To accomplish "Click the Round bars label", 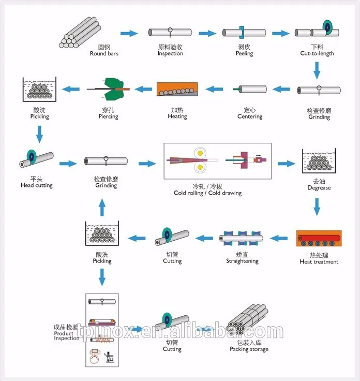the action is point(104,53).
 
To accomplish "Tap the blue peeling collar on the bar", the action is point(242,32).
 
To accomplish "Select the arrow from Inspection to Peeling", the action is point(207,33).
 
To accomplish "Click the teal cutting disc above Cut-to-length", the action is point(327,27).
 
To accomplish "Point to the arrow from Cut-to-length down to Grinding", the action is point(317,70).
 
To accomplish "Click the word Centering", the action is point(250,116).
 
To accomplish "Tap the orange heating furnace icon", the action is point(177,89).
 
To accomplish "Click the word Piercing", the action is point(108,116).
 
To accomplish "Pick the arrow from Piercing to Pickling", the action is point(71,89).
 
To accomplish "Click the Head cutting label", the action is point(37,185).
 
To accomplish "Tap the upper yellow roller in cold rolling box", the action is point(200,153).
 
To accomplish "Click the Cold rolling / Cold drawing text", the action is point(207,193).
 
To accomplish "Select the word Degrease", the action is point(319,188).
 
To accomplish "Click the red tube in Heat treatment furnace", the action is point(319,238).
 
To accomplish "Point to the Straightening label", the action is point(242,261).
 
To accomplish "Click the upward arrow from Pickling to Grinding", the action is point(102,207).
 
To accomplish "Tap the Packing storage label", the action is point(249,349).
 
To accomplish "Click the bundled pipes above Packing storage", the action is point(248,319).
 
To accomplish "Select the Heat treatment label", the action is point(319,262).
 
